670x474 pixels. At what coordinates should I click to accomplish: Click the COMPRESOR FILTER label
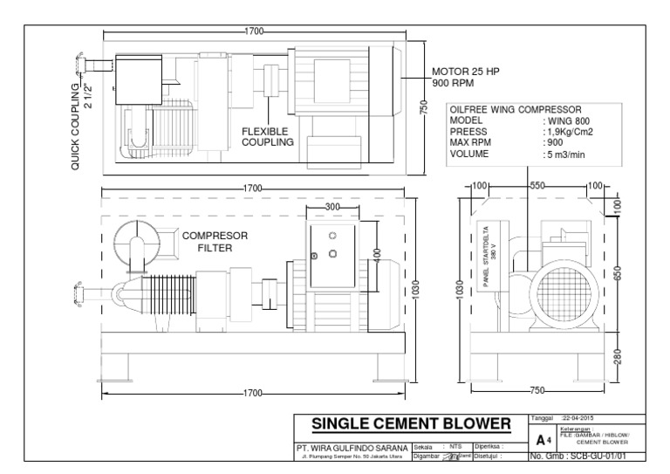click(214, 241)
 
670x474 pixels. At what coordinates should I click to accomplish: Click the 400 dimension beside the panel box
click(378, 253)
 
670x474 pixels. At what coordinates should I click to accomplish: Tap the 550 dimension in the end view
click(537, 187)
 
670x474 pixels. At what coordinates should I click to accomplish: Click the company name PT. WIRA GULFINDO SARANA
click(352, 447)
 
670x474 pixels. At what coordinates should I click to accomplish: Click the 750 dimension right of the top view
click(424, 106)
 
